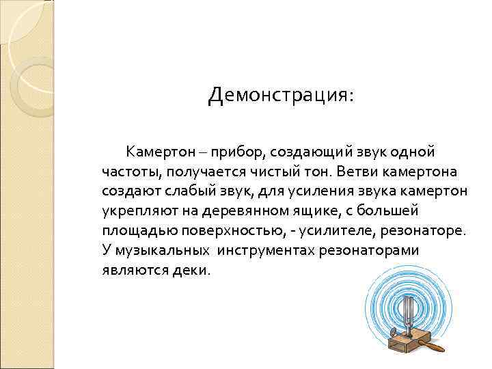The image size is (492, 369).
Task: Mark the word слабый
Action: point(178,191)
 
